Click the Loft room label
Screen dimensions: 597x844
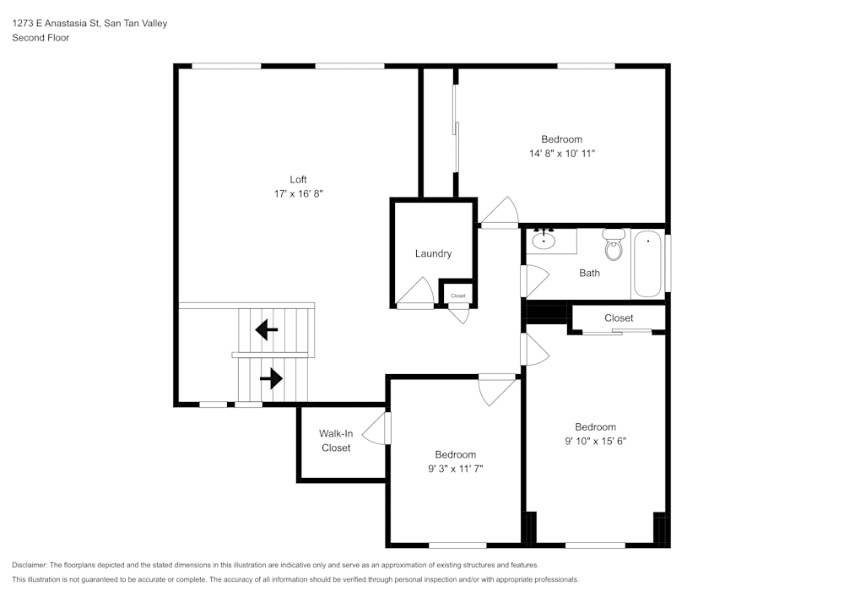click(x=298, y=179)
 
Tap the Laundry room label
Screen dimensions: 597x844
click(x=433, y=253)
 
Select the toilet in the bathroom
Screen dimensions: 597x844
click(x=614, y=246)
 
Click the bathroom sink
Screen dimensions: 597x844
click(x=544, y=242)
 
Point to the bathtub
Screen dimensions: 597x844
click(x=648, y=263)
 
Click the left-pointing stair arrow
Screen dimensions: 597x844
click(x=267, y=329)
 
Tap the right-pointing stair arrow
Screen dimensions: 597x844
click(x=271, y=378)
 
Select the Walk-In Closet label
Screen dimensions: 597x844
click(x=336, y=441)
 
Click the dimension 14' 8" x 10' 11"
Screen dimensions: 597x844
click(x=562, y=154)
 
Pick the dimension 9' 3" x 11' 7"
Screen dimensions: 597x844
click(x=455, y=469)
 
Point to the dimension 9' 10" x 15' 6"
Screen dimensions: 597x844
click(x=595, y=441)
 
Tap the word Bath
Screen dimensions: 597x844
click(x=589, y=273)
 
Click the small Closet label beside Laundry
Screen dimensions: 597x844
click(x=458, y=296)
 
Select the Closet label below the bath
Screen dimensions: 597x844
click(x=619, y=318)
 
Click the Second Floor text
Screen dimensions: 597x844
click(x=41, y=38)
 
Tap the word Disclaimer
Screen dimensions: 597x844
click(x=30, y=565)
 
